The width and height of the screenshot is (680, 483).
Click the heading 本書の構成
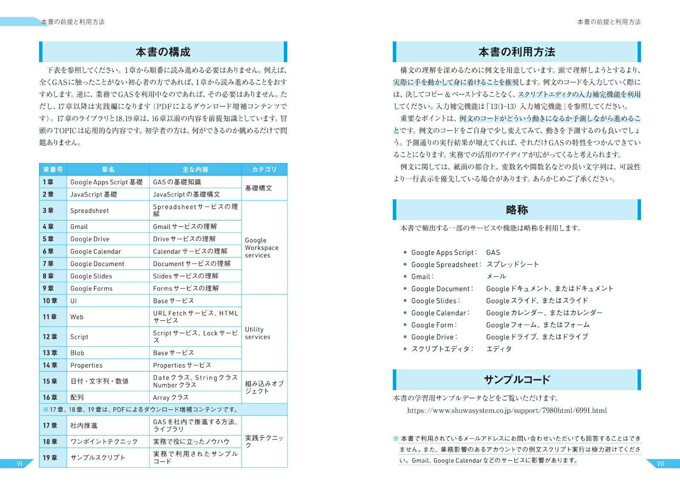(163, 52)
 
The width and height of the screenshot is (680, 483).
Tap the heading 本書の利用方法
(516, 52)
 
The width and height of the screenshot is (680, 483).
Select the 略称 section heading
(516, 210)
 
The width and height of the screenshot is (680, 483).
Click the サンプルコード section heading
(516, 380)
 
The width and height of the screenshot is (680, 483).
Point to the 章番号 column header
(53, 169)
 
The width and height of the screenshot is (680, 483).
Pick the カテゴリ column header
(264, 169)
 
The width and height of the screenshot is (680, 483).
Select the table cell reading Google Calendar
(96, 252)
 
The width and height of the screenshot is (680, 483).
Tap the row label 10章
(50, 301)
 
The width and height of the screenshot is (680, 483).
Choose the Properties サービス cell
(182, 365)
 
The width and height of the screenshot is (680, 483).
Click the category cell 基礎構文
(258, 188)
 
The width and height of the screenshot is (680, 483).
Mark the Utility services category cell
(258, 333)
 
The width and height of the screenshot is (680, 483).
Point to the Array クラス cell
(171, 397)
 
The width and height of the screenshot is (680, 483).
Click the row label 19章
(50, 458)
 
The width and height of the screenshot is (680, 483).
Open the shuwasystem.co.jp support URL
(507, 411)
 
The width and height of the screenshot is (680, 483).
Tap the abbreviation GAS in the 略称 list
(493, 253)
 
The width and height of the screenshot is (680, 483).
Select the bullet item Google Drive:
(434, 337)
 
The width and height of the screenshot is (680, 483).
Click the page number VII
(660, 463)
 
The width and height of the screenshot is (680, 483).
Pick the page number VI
(19, 463)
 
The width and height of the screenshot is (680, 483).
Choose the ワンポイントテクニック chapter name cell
(104, 442)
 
